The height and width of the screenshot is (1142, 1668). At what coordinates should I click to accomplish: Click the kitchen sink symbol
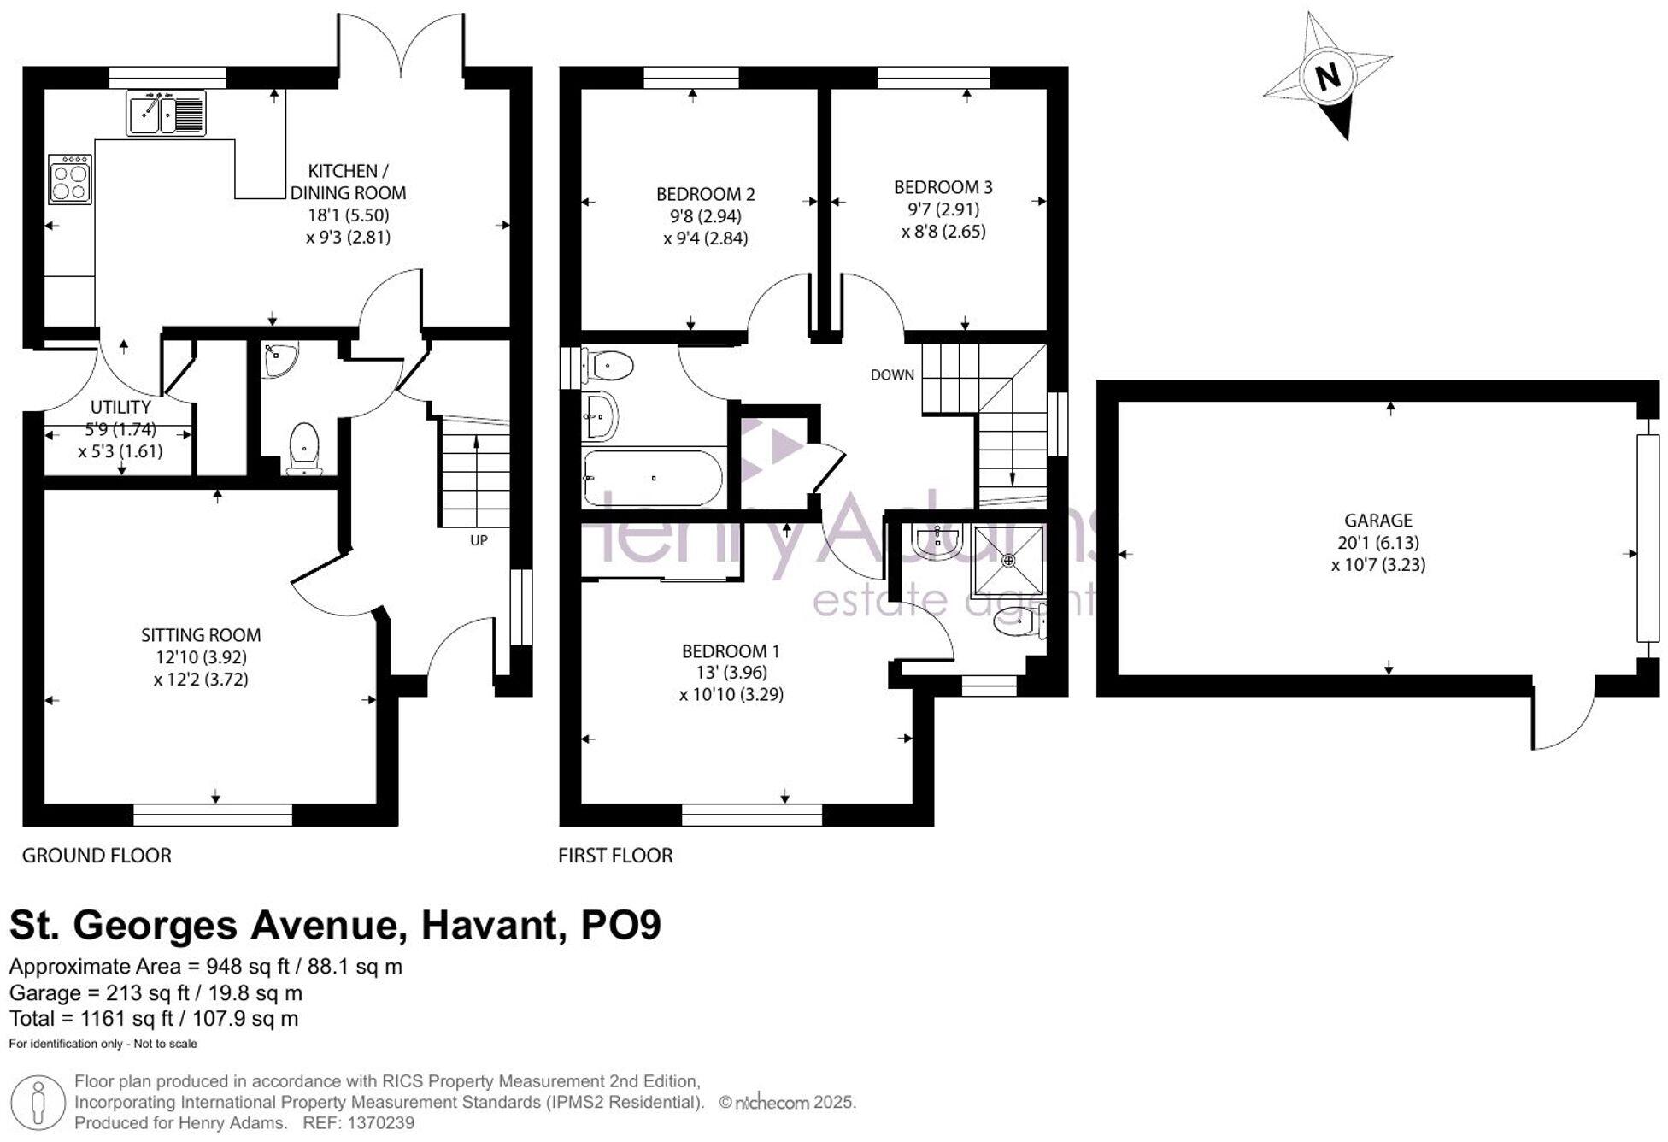tap(166, 113)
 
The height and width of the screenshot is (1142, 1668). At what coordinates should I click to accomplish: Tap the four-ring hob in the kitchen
tap(69, 180)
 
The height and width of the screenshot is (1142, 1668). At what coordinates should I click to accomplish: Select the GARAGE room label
tap(1377, 520)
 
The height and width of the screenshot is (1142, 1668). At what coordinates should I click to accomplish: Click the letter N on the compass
tap(1327, 77)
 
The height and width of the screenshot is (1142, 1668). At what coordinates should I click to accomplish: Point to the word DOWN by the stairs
tap(891, 374)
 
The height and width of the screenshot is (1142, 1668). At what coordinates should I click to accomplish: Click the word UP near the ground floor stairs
tap(479, 540)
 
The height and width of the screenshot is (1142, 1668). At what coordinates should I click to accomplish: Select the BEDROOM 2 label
tap(705, 194)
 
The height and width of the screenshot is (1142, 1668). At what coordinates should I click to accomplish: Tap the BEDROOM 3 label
tap(943, 186)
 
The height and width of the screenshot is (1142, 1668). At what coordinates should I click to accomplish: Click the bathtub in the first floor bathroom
tap(653, 479)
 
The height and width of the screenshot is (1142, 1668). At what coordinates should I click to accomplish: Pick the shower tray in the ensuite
tap(1008, 560)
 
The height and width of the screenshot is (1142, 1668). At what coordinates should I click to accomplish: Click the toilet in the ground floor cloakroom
tap(304, 448)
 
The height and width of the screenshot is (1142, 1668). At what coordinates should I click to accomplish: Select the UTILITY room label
tap(120, 407)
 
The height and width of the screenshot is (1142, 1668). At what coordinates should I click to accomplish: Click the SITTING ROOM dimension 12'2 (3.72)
tap(201, 680)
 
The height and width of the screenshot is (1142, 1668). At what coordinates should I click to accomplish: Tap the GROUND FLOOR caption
tap(97, 855)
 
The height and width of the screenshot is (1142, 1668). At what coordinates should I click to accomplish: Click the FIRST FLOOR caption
tap(615, 855)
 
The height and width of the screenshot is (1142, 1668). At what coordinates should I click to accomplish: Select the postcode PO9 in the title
tap(620, 925)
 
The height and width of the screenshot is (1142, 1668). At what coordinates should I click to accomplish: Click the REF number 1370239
tap(377, 1122)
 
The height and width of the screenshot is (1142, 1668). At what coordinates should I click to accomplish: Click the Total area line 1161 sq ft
tap(154, 1018)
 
